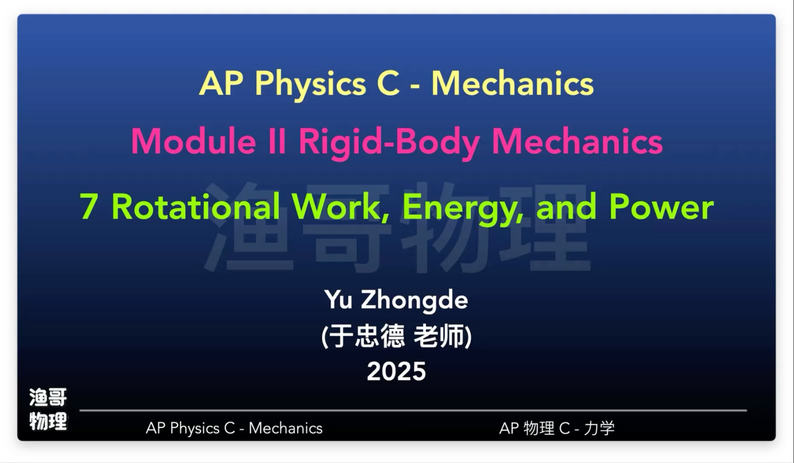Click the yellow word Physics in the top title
(x=310, y=85)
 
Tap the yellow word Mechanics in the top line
(x=512, y=83)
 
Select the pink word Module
(x=193, y=141)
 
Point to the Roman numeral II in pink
(x=277, y=141)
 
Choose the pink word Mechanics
(x=577, y=141)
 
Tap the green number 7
(x=88, y=207)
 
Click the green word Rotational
(x=196, y=206)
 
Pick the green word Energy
(x=463, y=210)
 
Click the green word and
(x=566, y=207)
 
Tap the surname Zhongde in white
(x=414, y=301)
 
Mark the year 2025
(x=397, y=371)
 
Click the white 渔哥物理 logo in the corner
(x=48, y=409)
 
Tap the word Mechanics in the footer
(x=286, y=428)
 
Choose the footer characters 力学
(x=599, y=428)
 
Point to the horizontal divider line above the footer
(x=413, y=410)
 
